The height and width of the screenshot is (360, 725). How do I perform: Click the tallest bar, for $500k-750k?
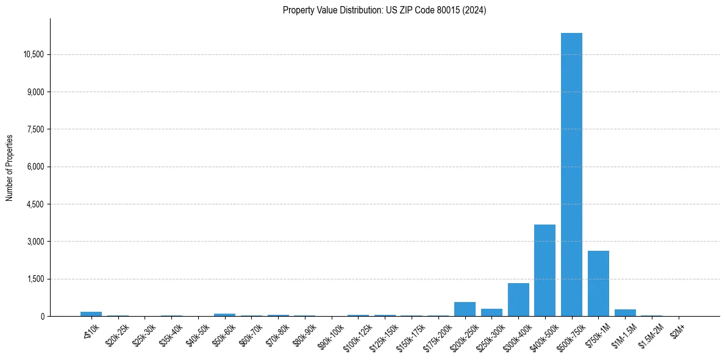[x=571, y=175]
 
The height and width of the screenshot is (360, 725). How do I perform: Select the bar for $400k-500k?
[x=545, y=270]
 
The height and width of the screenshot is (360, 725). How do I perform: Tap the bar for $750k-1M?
[x=598, y=284]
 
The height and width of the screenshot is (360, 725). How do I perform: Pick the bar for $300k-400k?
[x=518, y=300]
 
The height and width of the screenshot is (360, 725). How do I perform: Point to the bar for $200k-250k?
[x=465, y=309]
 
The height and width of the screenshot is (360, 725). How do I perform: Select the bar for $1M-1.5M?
[x=625, y=313]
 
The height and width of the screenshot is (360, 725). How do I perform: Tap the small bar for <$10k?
[x=91, y=314]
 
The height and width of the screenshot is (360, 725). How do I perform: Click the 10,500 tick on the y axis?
[x=34, y=54]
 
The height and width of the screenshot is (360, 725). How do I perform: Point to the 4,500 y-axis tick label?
[x=35, y=204]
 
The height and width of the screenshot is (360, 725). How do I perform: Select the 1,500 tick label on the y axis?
[x=35, y=279]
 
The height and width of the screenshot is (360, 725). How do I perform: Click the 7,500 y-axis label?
[x=35, y=129]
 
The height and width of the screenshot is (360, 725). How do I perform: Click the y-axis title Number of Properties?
[x=10, y=168]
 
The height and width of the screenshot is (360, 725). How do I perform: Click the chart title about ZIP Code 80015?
[x=384, y=10]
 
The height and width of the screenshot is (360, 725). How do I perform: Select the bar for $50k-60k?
[x=224, y=315]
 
